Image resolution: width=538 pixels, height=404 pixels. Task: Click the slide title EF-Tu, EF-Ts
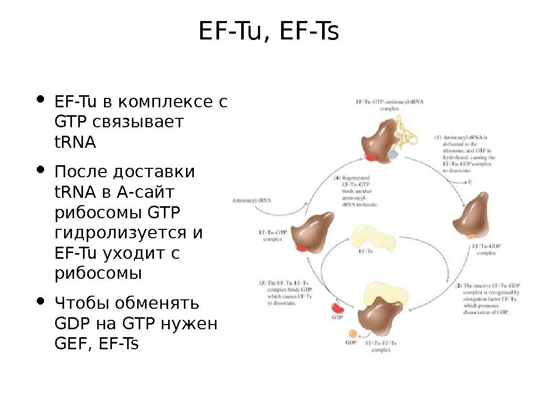269,33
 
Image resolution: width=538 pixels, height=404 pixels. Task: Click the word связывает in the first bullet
138,122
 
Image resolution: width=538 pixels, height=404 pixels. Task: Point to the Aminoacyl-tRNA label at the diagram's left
252,200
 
